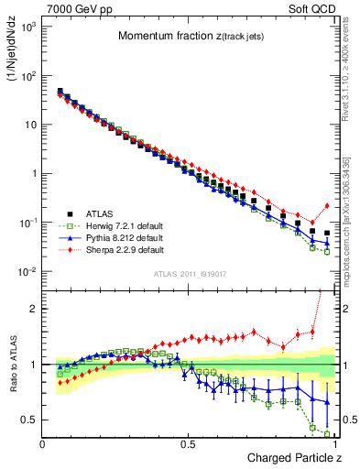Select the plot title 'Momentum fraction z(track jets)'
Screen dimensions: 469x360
coord(189,36)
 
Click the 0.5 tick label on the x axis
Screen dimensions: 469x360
coord(189,443)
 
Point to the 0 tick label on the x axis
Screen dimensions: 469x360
coord(43,443)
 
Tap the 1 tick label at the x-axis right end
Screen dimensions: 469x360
coord(333,443)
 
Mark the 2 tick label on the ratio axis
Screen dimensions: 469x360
coord(34,309)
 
